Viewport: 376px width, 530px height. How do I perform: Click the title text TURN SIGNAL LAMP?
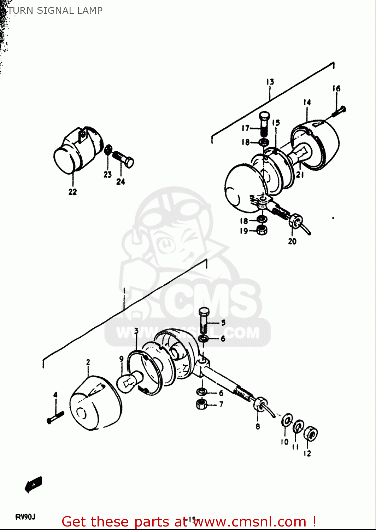click(55, 11)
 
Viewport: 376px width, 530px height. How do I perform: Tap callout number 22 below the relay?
click(72, 192)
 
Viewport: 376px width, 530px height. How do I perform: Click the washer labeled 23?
click(108, 150)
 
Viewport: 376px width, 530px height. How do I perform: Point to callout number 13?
click(270, 82)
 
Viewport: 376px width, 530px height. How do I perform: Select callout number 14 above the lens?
click(307, 102)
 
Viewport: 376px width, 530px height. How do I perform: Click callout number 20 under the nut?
click(292, 241)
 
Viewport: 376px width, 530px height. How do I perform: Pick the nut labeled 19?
click(262, 230)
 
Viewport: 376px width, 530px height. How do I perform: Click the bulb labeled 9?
click(130, 382)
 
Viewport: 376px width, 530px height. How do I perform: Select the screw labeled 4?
click(55, 418)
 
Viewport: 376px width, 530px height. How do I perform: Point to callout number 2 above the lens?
click(88, 362)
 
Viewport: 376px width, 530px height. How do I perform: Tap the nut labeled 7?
click(201, 404)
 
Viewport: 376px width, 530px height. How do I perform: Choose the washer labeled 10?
click(287, 421)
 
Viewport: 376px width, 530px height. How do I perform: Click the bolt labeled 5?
click(204, 319)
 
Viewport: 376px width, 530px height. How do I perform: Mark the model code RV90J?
click(25, 517)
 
